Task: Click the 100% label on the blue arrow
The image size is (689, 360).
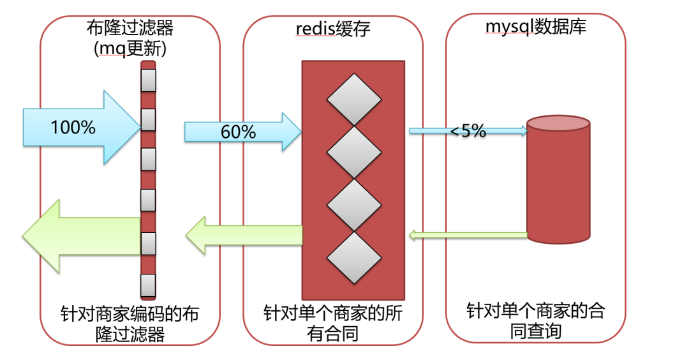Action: [73, 127]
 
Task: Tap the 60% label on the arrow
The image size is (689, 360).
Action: [238, 132]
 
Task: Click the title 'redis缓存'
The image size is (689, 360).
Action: [332, 29]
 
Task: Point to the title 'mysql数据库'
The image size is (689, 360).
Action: [536, 27]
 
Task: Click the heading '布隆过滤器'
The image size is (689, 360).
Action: [130, 27]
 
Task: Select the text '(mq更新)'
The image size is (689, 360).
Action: [130, 49]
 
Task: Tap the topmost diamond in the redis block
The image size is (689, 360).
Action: [353, 99]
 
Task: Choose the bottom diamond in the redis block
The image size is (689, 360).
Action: [353, 257]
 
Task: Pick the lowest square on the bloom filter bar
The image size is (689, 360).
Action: [148, 285]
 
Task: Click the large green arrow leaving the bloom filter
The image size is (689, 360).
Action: [80, 236]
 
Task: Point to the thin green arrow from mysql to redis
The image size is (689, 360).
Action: [468, 235]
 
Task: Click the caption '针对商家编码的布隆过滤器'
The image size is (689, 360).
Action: [130, 324]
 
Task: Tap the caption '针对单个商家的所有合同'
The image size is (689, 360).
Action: [333, 323]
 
